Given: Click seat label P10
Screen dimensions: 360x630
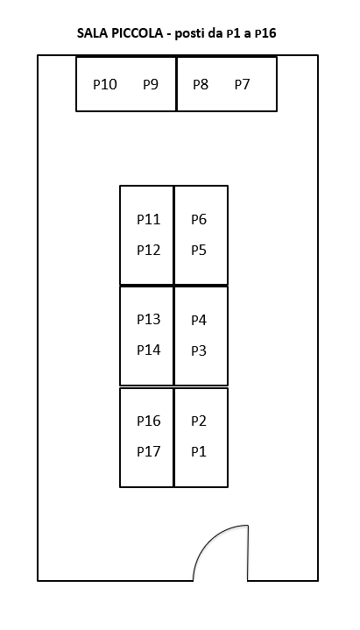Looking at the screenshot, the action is pyautogui.click(x=105, y=84).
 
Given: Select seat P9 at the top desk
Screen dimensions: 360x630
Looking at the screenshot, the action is pyautogui.click(x=151, y=84).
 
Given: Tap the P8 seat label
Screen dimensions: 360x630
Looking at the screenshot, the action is pyautogui.click(x=201, y=84).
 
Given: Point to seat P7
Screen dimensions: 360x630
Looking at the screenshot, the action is pyautogui.click(x=243, y=84).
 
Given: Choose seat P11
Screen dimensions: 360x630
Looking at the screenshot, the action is pyautogui.click(x=149, y=219).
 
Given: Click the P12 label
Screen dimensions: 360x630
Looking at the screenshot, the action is pyautogui.click(x=149, y=250).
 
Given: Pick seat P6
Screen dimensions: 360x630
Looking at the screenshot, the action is pyautogui.click(x=199, y=219).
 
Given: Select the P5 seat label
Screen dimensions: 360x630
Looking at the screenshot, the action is pyautogui.click(x=199, y=250).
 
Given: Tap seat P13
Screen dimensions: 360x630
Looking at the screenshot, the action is pyautogui.click(x=149, y=319).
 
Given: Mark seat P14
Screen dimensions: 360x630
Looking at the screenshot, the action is pyautogui.click(x=149, y=350).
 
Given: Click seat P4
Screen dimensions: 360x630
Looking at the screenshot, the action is pyautogui.click(x=199, y=320).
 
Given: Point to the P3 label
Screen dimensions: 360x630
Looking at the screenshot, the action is pyautogui.click(x=199, y=350).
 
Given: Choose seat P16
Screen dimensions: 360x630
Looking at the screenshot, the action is pyautogui.click(x=149, y=421).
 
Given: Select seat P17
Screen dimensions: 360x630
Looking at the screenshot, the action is pyautogui.click(x=149, y=451).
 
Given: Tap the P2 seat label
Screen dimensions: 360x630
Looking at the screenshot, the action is pyautogui.click(x=199, y=421).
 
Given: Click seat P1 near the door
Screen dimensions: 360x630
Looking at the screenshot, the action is pyautogui.click(x=199, y=451).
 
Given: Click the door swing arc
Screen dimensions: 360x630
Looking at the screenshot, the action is pyautogui.click(x=210, y=539).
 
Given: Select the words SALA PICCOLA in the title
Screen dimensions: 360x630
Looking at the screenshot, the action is pyautogui.click(x=120, y=33).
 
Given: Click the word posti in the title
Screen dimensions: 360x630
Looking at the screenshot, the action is pyautogui.click(x=189, y=33).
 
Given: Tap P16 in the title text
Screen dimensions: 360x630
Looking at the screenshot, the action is pyautogui.click(x=265, y=33).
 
